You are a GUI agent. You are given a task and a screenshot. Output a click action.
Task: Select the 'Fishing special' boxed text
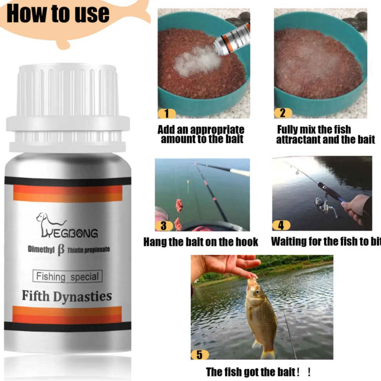tap(67, 276)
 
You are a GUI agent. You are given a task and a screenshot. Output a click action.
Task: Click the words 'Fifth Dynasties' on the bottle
tap(67, 296)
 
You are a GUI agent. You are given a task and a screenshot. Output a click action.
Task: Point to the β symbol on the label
tap(61, 250)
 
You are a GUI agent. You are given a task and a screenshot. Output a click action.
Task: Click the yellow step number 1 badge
tap(167, 113)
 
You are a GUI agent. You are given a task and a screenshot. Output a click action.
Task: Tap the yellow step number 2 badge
tap(283, 113)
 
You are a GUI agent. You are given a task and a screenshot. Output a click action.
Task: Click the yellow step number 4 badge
tap(281, 225)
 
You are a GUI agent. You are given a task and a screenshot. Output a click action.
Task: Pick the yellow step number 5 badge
tap(200, 354)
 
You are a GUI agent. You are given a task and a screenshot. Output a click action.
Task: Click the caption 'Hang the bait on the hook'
tap(201, 242)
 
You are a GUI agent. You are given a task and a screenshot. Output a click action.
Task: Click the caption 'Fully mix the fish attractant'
tap(325, 134)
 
